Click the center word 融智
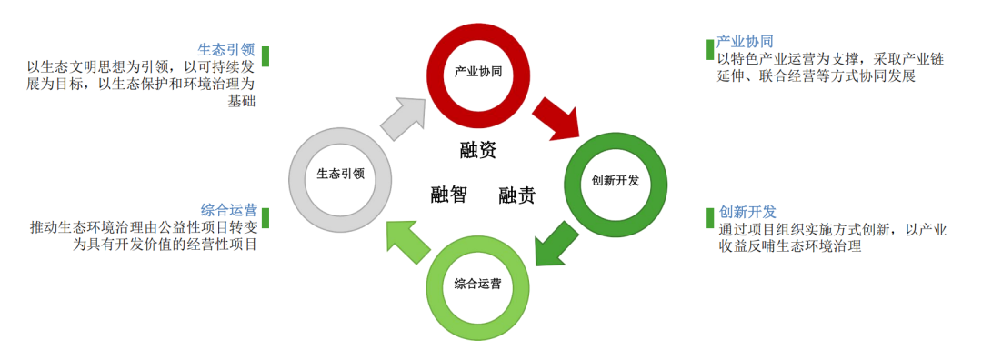pyautogui.click(x=448, y=194)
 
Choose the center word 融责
pyautogui.click(x=516, y=195)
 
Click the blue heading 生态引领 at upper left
pyautogui.click(x=227, y=49)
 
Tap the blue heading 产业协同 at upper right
pyautogui.click(x=745, y=42)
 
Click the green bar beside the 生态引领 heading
pyautogui.click(x=266, y=55)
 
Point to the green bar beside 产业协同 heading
pyautogui.click(x=710, y=49)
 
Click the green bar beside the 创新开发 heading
pyautogui.click(x=710, y=218)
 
